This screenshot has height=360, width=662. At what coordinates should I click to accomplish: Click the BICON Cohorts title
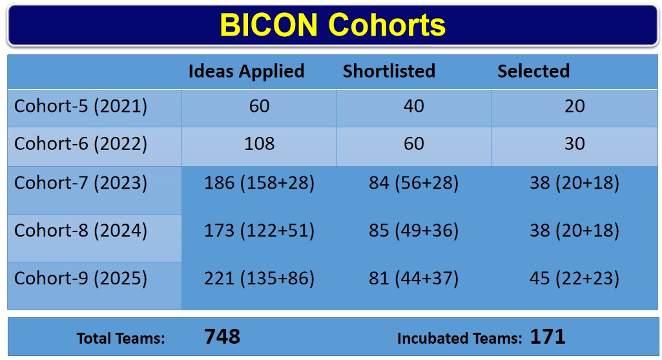333,25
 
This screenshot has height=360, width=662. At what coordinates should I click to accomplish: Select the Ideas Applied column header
246,71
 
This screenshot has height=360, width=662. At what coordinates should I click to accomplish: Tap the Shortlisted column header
389,71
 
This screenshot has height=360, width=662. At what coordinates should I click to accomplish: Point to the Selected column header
533,71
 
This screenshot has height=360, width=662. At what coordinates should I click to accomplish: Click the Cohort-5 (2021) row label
81,106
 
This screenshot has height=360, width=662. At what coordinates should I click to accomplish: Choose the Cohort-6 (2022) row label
81,144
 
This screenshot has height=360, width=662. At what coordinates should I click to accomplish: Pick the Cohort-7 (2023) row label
81,183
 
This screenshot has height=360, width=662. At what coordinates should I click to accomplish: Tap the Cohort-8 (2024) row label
81,231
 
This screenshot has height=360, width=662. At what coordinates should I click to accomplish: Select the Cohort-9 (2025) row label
81,279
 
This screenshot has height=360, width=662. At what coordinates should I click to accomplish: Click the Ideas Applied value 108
259,143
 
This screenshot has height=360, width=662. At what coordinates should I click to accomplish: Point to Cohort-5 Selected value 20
575,106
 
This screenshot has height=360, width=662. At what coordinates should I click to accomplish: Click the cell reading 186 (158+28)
259,183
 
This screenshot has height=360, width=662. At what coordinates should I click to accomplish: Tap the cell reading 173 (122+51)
259,231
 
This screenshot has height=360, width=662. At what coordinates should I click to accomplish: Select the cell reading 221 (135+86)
259,279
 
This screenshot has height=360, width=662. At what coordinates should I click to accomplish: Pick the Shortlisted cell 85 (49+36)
414,231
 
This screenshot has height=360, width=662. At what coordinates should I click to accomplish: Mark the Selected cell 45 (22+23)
575,279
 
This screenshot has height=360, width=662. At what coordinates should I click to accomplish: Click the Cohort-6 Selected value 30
575,143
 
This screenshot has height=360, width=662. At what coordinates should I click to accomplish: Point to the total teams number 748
222,337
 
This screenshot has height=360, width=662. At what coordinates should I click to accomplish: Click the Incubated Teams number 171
548,337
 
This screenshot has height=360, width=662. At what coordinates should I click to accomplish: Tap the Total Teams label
121,339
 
